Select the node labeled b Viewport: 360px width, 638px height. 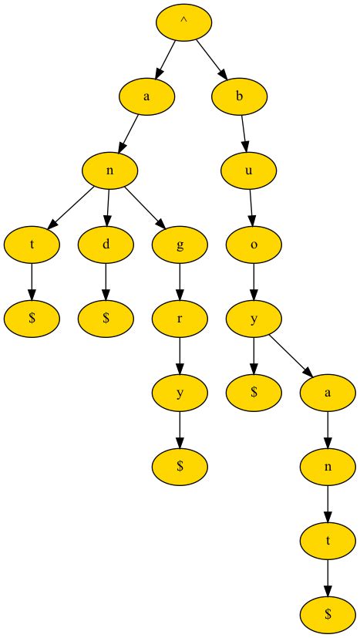[x=240, y=96]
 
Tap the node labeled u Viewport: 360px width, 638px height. [x=248, y=170]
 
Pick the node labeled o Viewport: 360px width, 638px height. [x=254, y=245]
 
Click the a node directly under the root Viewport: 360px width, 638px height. [x=146, y=96]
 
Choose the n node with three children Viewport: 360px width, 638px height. [x=110, y=170]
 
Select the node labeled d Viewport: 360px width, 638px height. [x=106, y=245]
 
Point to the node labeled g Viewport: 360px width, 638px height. [x=180, y=245]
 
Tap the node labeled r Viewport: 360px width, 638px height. [x=180, y=319]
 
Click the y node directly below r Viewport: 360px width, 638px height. [x=180, y=393]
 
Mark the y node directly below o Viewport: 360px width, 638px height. [x=254, y=319]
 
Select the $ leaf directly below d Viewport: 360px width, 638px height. [x=106, y=319]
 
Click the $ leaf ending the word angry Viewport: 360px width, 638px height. [x=180, y=467]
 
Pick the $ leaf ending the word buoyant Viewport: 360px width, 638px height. [x=328, y=615]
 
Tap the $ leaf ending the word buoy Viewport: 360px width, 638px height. [x=254, y=393]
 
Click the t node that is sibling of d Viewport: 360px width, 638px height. [x=32, y=245]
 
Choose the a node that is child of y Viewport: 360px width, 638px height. [x=328, y=393]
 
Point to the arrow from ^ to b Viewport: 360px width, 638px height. [x=211, y=59]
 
